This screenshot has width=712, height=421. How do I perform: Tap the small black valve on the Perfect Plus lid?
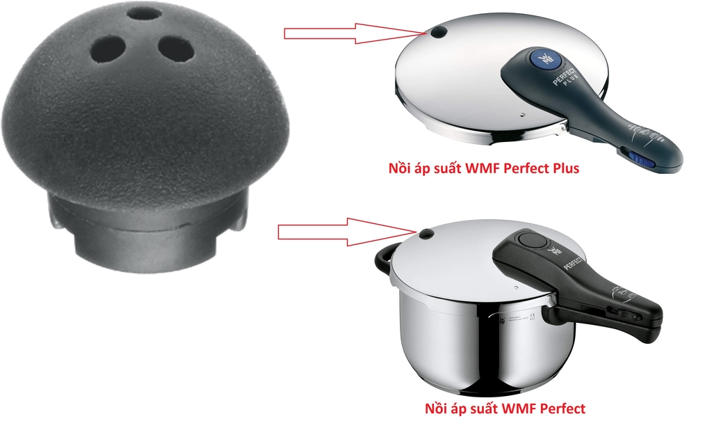(x=438, y=32)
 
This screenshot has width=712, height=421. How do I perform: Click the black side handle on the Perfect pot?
(x=383, y=263)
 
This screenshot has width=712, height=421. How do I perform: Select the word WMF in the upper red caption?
(x=471, y=168)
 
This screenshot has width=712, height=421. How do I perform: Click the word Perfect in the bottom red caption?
(x=559, y=408)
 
